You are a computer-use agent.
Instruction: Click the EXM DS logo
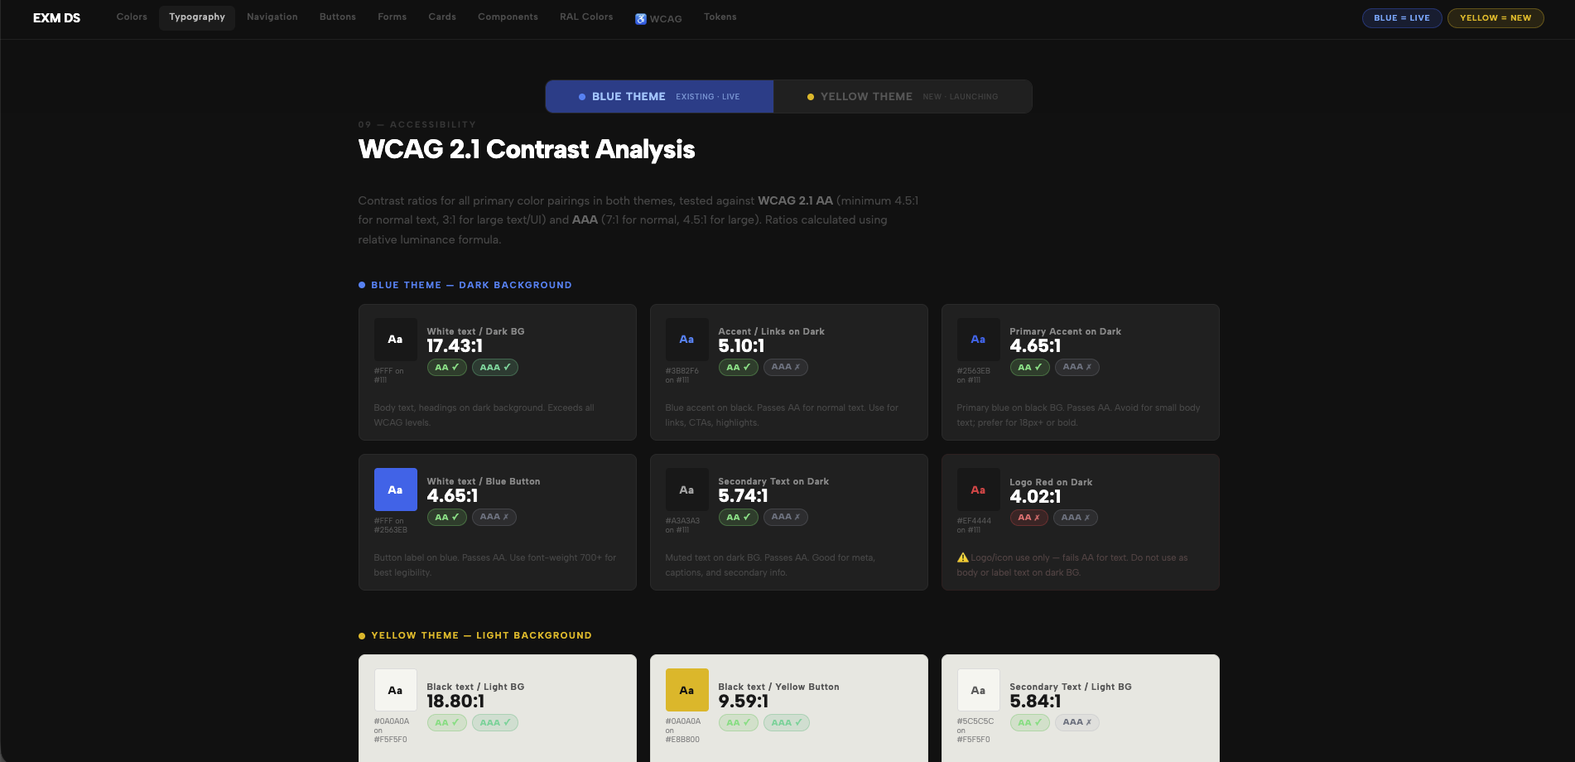point(56,17)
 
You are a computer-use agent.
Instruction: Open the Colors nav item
point(132,17)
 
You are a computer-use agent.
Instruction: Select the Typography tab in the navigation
point(197,17)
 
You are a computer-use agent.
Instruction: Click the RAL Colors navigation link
point(586,17)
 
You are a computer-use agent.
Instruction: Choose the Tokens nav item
point(720,17)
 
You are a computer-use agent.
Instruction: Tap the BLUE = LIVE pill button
point(1401,17)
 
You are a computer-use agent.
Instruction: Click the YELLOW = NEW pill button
point(1495,17)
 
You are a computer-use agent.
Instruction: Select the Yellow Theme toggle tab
point(903,96)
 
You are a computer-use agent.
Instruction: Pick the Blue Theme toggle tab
point(659,96)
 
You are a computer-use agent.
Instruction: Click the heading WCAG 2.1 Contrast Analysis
point(526,149)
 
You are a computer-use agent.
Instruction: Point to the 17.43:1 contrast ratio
point(455,346)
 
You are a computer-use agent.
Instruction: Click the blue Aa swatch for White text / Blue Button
point(395,490)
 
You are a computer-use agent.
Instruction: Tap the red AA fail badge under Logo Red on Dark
point(1028,518)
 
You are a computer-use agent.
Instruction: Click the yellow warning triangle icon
point(962,557)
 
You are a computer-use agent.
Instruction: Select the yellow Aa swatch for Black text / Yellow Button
point(686,690)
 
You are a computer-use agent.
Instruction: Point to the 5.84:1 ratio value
point(1034,702)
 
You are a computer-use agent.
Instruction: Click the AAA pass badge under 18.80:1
point(494,722)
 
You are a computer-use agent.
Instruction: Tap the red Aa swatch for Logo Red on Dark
point(978,490)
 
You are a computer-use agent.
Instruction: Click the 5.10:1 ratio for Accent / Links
point(741,346)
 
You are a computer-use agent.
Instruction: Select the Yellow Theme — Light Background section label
point(480,635)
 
